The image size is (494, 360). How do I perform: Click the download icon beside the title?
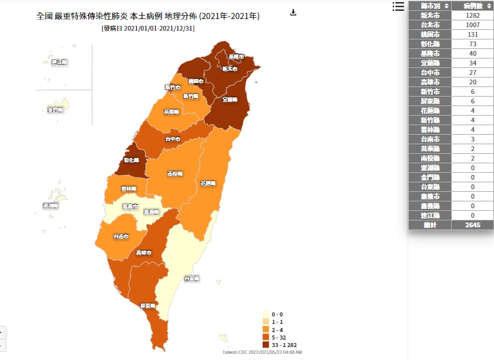[x=293, y=12]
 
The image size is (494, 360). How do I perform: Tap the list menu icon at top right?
[x=398, y=6]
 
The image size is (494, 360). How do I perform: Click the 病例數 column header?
[x=472, y=5]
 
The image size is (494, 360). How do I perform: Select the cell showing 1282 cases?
[x=472, y=15]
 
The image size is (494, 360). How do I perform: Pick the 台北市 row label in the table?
[x=429, y=24]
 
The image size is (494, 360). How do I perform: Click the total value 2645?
[x=472, y=225]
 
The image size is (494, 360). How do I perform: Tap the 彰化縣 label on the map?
[x=131, y=161]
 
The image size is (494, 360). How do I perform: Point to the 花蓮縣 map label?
[x=208, y=183]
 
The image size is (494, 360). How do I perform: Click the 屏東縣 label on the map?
[x=148, y=306]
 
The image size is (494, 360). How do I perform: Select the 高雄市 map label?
[x=144, y=252]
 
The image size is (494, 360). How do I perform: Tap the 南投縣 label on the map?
[x=175, y=174]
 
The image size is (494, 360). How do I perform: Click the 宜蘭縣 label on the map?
[x=229, y=99]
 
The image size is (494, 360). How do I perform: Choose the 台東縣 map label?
[x=191, y=278]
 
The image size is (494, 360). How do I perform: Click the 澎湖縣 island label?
[x=50, y=205]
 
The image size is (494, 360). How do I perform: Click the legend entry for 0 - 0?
[x=276, y=314]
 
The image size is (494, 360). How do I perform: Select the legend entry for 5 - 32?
[x=277, y=337]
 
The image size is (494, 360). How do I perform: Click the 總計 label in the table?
[x=429, y=225]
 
